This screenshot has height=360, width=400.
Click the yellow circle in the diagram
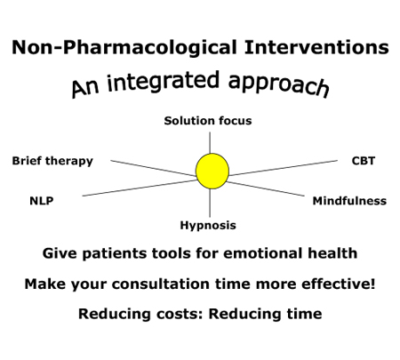pyautogui.click(x=212, y=171)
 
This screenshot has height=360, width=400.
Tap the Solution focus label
pyautogui.click(x=208, y=121)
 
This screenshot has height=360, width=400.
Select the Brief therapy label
pyautogui.click(x=52, y=161)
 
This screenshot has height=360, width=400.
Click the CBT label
pyautogui.click(x=364, y=161)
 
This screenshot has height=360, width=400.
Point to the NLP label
pyautogui.click(x=42, y=201)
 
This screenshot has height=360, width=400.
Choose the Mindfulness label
pyautogui.click(x=349, y=201)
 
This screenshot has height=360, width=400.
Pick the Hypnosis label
pyautogui.click(x=208, y=226)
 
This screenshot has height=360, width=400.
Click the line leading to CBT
pyautogui.click(x=283, y=168)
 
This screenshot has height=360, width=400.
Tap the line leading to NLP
pyautogui.click(x=139, y=188)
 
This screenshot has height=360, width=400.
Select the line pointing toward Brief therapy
pyautogui.click(x=153, y=168)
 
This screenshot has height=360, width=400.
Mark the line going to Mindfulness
pyautogui.click(x=266, y=188)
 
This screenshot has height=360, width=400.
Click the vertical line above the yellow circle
pyautogui.click(x=210, y=142)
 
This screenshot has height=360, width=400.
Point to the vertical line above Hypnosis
pyautogui.click(x=210, y=203)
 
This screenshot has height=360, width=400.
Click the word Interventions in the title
pyautogui.click(x=316, y=47)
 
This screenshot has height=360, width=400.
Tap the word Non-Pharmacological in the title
pyautogui.click(x=124, y=48)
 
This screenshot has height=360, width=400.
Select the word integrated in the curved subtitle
pyautogui.click(x=164, y=82)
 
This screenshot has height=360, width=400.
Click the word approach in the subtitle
pyautogui.click(x=279, y=84)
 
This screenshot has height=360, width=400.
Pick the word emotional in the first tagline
pyautogui.click(x=263, y=253)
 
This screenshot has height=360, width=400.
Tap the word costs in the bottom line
pyautogui.click(x=180, y=314)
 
